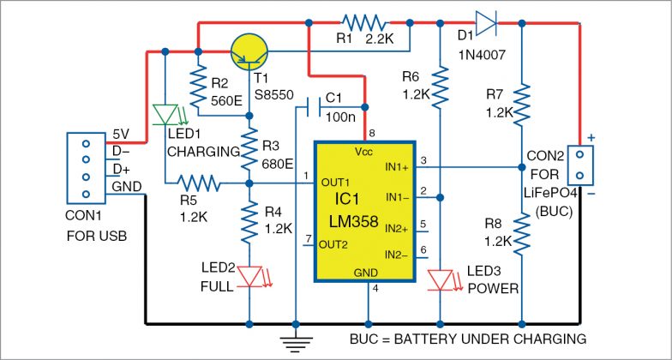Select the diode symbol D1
pos(487,25)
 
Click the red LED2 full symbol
pos(249,276)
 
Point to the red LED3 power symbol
pos(439,279)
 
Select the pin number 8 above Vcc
pos(371,133)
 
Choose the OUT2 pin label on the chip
pos(333,245)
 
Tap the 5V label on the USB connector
pos(123,135)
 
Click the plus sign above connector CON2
pos(590,137)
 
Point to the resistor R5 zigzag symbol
pos(199,183)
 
